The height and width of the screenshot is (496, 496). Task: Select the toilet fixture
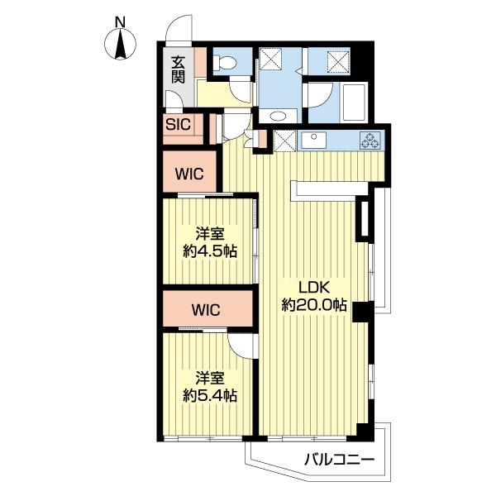(x=224, y=62)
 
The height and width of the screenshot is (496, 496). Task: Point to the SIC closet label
(x=178, y=124)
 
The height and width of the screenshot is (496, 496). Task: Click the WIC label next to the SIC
(x=189, y=174)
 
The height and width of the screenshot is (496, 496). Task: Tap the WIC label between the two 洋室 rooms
(x=206, y=310)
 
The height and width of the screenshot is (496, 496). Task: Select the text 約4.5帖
(x=210, y=251)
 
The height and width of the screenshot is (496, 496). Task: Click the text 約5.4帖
(x=210, y=395)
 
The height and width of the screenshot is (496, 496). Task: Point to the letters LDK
(x=314, y=288)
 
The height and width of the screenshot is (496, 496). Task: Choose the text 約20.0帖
(x=314, y=305)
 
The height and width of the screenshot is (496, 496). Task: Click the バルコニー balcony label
(x=339, y=460)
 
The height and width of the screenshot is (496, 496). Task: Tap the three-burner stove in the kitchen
(x=370, y=141)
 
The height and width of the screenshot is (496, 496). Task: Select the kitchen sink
(x=313, y=141)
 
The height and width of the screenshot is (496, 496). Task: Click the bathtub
(x=354, y=102)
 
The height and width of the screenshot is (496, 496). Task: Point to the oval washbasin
(x=278, y=116)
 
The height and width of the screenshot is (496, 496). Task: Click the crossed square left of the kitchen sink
(x=284, y=141)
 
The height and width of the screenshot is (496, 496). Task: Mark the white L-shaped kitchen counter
(x=329, y=190)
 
